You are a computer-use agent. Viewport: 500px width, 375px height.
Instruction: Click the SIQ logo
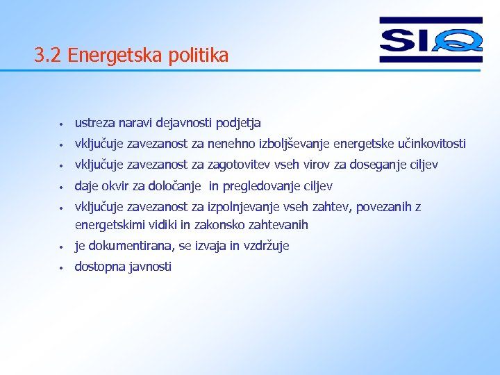point(431,40)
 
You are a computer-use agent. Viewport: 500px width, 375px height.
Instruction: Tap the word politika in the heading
point(198,56)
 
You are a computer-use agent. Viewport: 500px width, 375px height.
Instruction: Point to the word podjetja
point(238,124)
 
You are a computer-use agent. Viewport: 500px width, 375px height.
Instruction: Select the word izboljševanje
point(294,144)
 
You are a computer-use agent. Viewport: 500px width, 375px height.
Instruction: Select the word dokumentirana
point(131,246)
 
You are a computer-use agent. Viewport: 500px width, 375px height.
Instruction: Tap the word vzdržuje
point(266,246)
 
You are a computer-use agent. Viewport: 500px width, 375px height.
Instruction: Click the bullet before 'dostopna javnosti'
point(62,268)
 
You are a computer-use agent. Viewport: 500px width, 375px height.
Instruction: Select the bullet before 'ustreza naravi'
point(62,125)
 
